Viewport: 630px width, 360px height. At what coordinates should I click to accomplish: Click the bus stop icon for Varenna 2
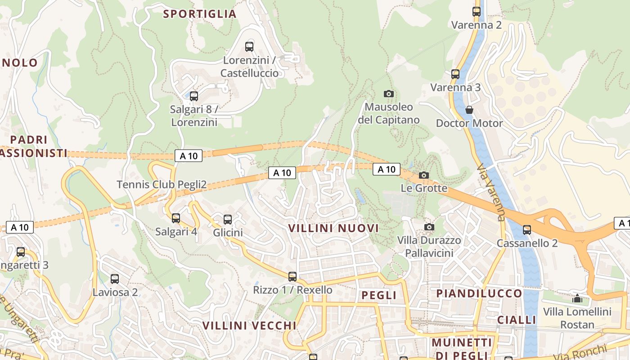click(x=477, y=12)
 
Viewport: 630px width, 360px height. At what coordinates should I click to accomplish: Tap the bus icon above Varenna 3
click(x=455, y=74)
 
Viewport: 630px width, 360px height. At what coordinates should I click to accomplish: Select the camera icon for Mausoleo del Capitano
click(x=389, y=94)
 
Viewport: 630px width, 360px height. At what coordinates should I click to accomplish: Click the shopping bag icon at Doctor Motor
click(x=469, y=110)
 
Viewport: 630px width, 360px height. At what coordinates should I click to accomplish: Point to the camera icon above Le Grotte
click(x=424, y=175)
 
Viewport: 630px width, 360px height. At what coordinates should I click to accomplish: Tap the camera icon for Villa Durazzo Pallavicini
click(x=429, y=227)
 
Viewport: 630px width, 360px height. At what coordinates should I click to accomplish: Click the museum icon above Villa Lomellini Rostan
click(x=577, y=298)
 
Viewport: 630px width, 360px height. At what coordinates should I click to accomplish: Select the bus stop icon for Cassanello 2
click(x=527, y=230)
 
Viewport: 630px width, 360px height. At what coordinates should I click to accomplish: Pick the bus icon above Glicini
click(x=228, y=220)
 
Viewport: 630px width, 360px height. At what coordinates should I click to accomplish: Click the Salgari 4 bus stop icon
click(x=176, y=218)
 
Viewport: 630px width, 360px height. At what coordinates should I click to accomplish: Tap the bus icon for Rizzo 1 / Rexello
click(x=292, y=277)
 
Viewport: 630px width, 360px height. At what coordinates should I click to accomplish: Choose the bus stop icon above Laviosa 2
click(x=115, y=279)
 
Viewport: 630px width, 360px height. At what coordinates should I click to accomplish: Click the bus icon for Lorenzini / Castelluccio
click(x=249, y=47)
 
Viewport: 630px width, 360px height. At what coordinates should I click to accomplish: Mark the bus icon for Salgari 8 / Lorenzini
click(x=194, y=96)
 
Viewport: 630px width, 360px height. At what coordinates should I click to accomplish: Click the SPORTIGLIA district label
click(x=200, y=14)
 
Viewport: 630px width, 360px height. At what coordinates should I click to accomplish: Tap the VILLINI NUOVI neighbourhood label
click(x=333, y=228)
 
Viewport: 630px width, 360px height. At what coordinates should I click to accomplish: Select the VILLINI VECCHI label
click(x=249, y=325)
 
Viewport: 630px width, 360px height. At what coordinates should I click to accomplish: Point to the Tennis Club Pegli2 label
click(x=162, y=184)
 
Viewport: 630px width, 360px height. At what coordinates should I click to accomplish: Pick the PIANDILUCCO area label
click(x=479, y=293)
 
